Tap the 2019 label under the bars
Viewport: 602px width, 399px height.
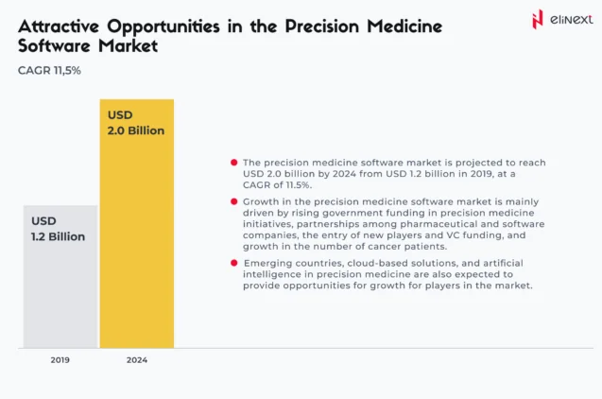point(60,360)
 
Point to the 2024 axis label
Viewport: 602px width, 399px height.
point(137,360)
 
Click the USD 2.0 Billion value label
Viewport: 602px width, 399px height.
point(136,123)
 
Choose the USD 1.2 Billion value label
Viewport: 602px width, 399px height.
point(58,229)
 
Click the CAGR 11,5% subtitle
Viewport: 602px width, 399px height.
point(49,70)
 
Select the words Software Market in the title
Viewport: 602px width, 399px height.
point(89,45)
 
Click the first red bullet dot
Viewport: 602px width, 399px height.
point(234,163)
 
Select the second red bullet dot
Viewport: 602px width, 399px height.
point(234,201)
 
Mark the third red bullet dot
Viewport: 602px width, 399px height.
point(234,262)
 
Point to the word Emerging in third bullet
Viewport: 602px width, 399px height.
point(267,262)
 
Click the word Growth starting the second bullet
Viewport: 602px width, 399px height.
point(264,201)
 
